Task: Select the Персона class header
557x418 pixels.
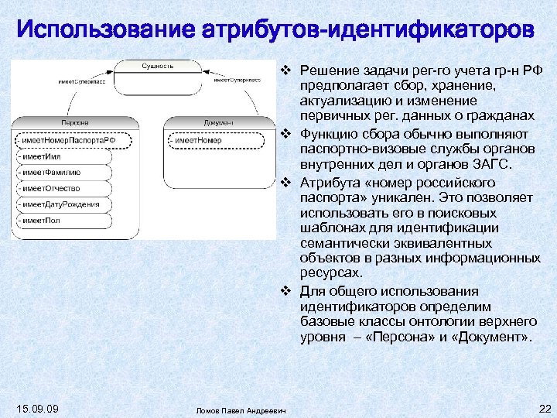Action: click(75, 122)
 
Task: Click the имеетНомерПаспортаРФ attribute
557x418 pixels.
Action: click(69, 140)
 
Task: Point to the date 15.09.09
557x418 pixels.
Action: click(36, 408)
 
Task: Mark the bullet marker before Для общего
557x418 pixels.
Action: click(287, 292)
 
